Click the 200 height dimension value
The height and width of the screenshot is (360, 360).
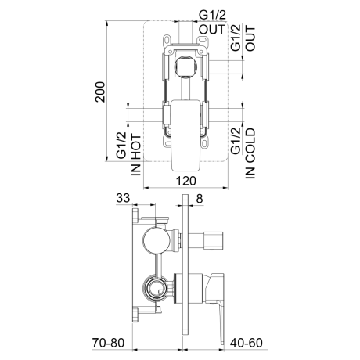pyautogui.click(x=100, y=92)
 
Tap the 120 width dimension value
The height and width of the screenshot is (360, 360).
pyautogui.click(x=186, y=181)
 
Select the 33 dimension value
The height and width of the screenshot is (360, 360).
pyautogui.click(x=123, y=198)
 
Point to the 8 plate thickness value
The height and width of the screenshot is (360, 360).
pyautogui.click(x=200, y=199)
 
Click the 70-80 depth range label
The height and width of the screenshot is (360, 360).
pyautogui.click(x=108, y=343)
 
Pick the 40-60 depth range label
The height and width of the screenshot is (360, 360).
pyautogui.click(x=247, y=343)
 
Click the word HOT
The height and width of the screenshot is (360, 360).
pyautogui.click(x=136, y=147)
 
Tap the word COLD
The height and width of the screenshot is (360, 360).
pyautogui.click(x=250, y=143)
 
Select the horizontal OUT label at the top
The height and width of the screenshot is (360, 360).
pyautogui.click(x=212, y=29)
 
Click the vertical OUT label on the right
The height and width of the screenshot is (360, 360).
pyautogui.click(x=250, y=38)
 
